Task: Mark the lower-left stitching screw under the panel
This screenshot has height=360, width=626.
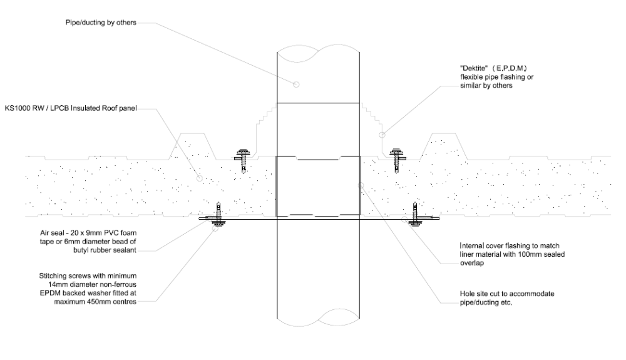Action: click(218, 215)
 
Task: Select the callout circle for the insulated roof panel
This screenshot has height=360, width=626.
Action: click(200, 178)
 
